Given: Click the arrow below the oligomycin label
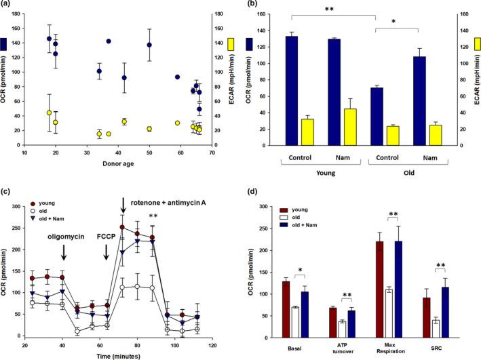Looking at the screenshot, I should point(64,252).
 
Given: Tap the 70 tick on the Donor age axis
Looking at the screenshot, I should point(212,153).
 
